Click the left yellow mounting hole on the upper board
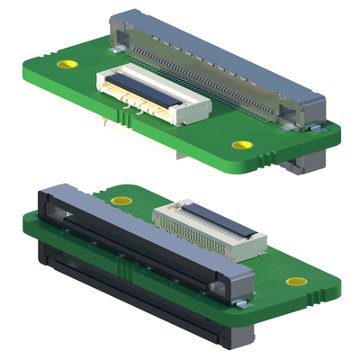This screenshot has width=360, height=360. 66,65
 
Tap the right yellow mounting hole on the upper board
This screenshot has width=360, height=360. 239,144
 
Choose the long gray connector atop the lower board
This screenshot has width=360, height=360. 135,229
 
